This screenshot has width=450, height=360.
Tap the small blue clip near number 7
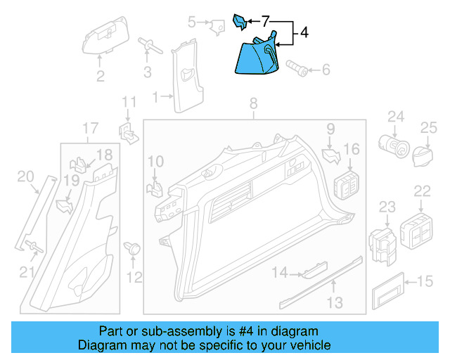[239, 22]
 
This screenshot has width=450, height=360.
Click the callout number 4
[304, 32]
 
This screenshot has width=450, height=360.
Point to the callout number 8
[254, 105]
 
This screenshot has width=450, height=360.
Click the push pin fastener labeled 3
[148, 48]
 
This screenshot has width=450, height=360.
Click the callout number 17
[90, 128]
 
